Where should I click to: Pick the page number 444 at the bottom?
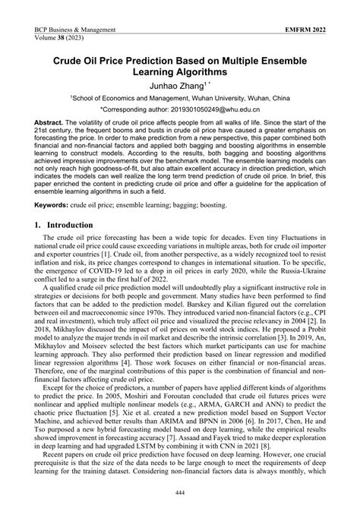180,493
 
